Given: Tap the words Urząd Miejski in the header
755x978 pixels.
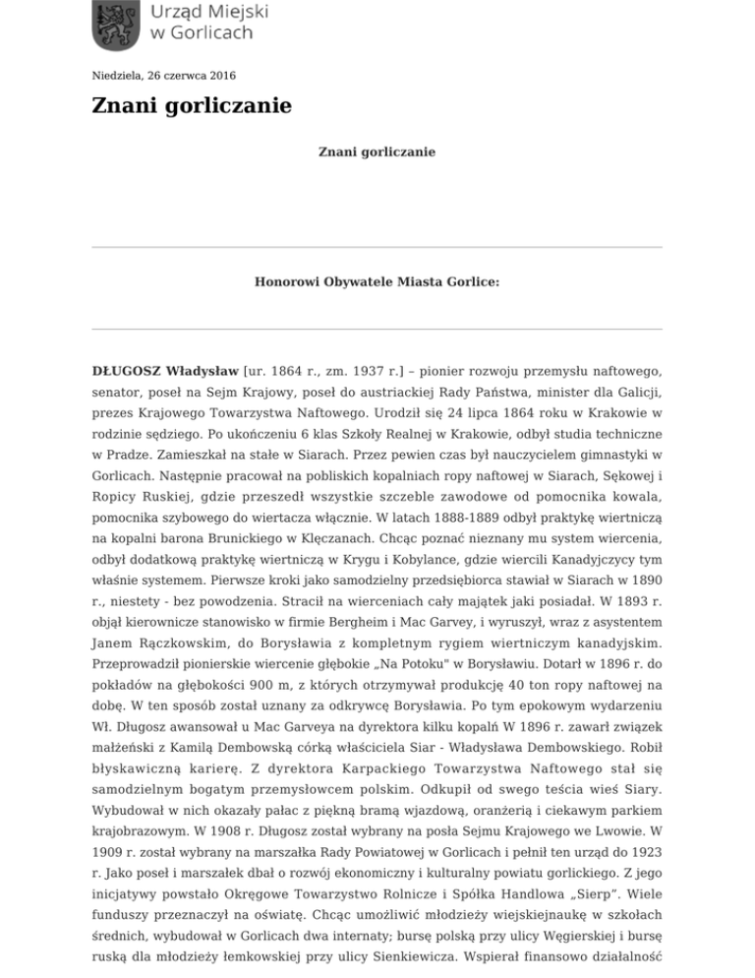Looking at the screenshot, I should (208, 12).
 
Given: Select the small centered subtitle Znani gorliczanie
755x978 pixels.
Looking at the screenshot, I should (377, 153).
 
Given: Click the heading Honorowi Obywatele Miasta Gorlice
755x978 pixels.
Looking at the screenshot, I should (377, 280).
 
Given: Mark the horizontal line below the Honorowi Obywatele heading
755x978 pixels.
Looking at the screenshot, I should (377, 330).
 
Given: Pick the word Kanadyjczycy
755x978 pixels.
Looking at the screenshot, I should (598, 567).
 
